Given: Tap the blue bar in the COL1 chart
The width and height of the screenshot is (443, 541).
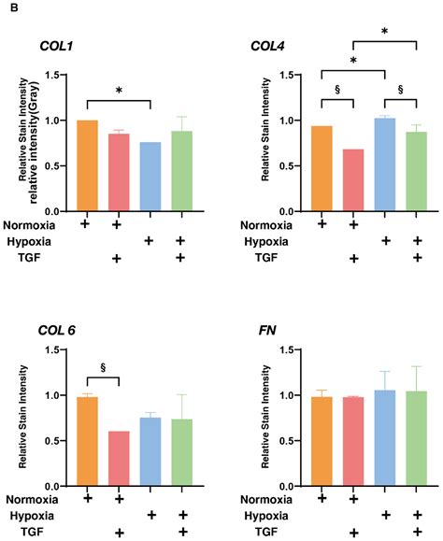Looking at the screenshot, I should [x=150, y=177].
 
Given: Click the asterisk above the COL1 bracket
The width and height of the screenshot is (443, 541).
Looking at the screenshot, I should [x=119, y=91].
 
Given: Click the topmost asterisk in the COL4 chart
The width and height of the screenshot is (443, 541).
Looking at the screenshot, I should [x=385, y=32].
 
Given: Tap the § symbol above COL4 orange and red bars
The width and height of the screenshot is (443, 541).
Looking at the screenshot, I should [x=336, y=91].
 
